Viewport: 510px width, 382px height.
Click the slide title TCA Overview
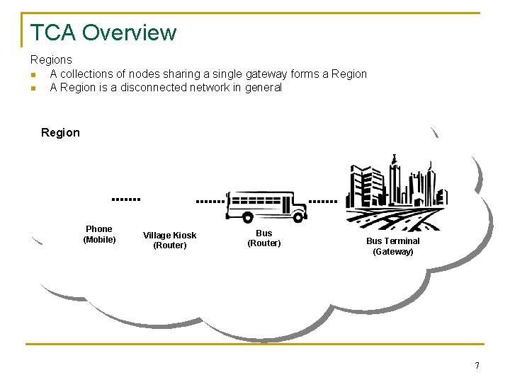coord(103,33)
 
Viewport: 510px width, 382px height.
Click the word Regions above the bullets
coord(51,60)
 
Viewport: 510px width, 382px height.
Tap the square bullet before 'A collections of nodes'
coord(33,74)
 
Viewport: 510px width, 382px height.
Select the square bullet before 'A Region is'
coord(33,88)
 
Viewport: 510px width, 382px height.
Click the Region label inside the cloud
coord(61,132)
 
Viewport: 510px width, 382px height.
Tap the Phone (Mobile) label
coord(99,234)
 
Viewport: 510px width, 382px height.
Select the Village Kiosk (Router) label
coord(170,241)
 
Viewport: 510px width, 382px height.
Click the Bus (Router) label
coord(263,238)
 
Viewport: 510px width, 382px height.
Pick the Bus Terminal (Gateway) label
coord(392,246)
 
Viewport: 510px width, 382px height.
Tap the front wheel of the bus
coord(298,217)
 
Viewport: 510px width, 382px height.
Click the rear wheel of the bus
coord(247,217)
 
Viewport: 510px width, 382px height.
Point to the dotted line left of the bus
coord(210,201)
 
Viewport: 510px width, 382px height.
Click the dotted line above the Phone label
coord(127,199)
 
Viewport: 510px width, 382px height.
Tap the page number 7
coord(477,366)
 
